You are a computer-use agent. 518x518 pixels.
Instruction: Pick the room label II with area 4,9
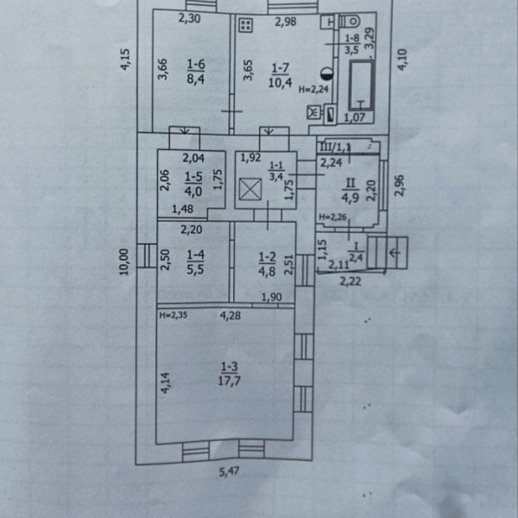[x=351, y=189]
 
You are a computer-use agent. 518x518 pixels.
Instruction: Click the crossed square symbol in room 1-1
[x=250, y=189]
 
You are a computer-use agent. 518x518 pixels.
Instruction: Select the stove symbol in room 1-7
[x=245, y=25]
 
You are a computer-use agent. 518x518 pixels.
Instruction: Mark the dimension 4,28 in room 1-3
[x=231, y=315]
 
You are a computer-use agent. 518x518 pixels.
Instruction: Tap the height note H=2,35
[x=174, y=316]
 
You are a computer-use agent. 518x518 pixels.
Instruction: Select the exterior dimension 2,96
[x=400, y=184]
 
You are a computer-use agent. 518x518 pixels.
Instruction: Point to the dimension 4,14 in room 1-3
[x=164, y=382]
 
